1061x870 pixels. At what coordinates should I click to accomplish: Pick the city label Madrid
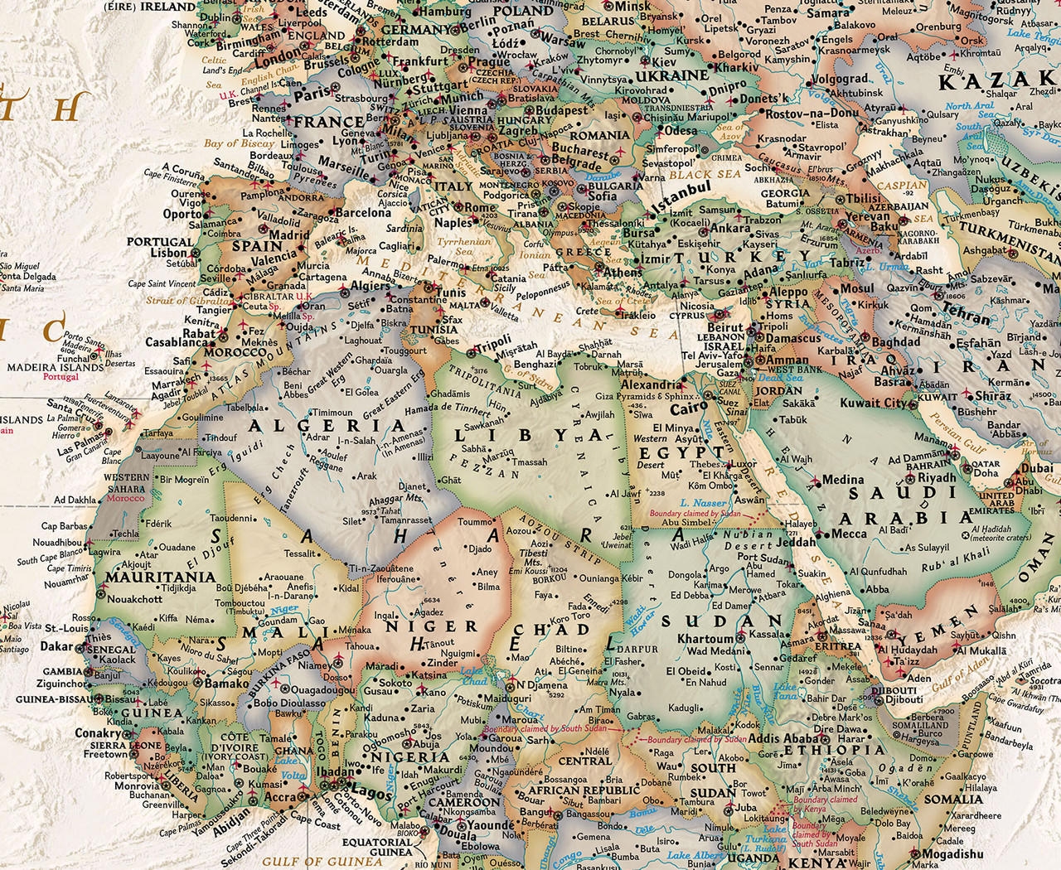click(289, 235)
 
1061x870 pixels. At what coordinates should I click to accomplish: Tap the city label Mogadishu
click(952, 854)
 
